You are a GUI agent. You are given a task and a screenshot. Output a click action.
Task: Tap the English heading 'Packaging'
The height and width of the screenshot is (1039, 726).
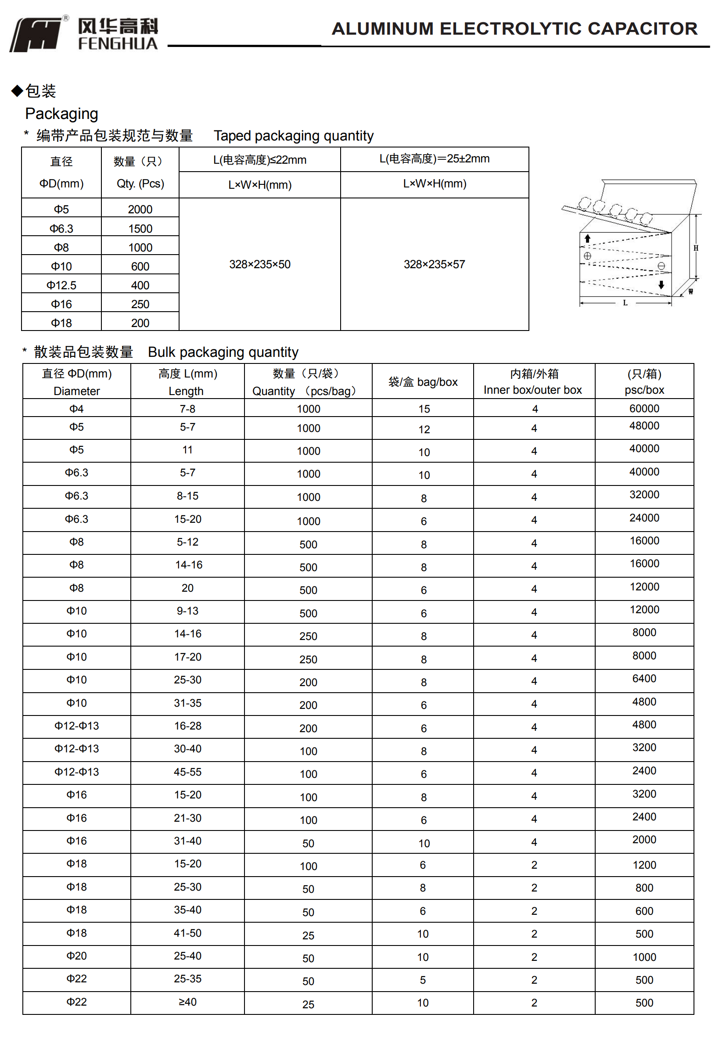click(61, 114)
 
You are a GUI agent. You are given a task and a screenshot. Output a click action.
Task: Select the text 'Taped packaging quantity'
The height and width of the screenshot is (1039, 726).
click(293, 136)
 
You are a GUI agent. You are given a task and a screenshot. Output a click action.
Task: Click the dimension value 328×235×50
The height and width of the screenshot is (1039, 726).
click(259, 264)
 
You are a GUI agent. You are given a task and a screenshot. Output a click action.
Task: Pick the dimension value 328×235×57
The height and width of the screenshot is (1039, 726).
click(434, 264)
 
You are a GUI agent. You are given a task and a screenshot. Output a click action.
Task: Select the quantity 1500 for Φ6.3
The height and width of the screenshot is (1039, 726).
click(140, 229)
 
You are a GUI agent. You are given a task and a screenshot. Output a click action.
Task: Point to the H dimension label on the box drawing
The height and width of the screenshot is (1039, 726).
click(696, 248)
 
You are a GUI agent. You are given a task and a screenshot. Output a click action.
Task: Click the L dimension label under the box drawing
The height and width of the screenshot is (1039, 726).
click(625, 303)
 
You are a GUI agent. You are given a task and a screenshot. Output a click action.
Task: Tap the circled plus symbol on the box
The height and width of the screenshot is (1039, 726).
click(587, 256)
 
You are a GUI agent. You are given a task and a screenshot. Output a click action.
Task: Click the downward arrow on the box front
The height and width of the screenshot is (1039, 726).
click(661, 284)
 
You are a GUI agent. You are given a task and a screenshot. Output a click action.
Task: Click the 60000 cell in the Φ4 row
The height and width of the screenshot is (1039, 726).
click(643, 409)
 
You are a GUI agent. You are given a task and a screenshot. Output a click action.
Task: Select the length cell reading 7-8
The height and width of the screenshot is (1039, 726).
click(187, 409)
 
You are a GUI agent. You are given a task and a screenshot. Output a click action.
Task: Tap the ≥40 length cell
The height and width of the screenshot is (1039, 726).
click(187, 1002)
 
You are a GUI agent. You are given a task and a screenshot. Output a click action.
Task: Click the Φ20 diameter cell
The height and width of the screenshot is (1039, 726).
click(76, 956)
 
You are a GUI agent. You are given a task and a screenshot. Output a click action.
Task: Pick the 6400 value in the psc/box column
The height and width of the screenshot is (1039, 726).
click(643, 679)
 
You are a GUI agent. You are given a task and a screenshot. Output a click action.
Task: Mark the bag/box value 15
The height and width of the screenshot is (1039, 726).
click(424, 409)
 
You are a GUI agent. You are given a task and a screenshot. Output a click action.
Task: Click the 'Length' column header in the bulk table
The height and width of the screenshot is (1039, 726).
click(186, 391)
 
